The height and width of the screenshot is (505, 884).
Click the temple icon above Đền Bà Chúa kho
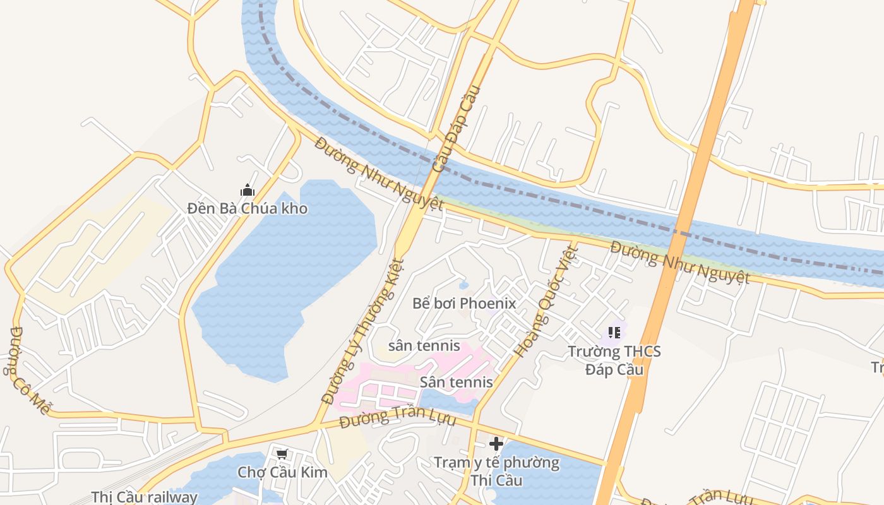coord(248,190)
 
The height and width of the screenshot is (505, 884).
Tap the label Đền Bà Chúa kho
coord(248,208)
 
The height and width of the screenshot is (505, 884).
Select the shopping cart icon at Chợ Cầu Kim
coord(282,454)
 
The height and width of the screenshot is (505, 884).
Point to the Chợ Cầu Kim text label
coord(282,472)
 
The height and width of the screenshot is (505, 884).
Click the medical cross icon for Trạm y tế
coord(496,444)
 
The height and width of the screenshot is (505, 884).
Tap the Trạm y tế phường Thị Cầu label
coord(496,471)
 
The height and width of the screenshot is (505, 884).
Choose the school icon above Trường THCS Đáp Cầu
coord(614,332)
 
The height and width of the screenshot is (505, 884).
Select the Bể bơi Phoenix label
coord(464,304)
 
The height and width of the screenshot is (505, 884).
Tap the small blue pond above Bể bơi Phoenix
coord(464,285)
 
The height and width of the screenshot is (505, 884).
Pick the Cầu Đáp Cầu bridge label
coord(457,129)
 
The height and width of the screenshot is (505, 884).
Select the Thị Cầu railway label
coord(145,497)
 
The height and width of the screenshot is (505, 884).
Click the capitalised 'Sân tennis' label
coord(456,382)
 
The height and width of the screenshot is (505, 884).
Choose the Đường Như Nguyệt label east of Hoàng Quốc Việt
coord(679,262)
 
